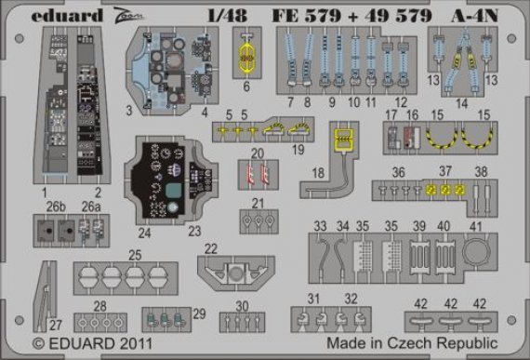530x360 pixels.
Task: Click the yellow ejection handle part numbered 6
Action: click(246, 59)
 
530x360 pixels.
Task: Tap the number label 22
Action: click(211, 248)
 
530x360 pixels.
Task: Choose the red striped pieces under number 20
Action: click(258, 173)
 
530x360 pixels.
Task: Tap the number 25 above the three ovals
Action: click(135, 254)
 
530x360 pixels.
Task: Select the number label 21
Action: click(258, 203)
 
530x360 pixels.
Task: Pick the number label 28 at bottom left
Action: click(99, 306)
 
